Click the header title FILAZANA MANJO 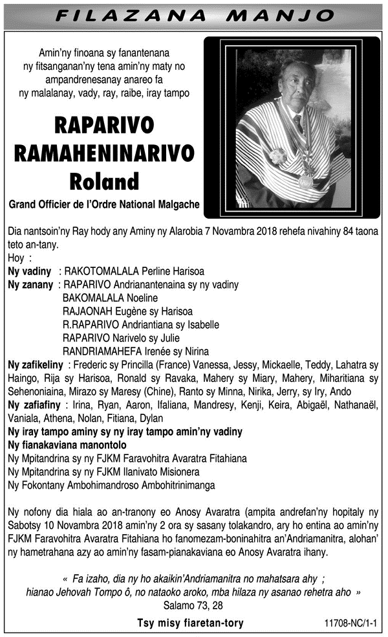click(x=194, y=14)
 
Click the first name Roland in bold click(x=105, y=179)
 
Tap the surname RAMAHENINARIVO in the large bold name click(x=105, y=153)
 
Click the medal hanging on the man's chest click(x=305, y=181)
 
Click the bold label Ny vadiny click(x=29, y=271)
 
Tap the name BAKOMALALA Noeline click(x=111, y=298)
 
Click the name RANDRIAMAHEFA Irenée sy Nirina click(x=135, y=351)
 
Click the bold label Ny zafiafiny click(x=33, y=404)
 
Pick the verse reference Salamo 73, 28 click(x=193, y=605)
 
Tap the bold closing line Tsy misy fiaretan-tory click(x=190, y=623)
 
